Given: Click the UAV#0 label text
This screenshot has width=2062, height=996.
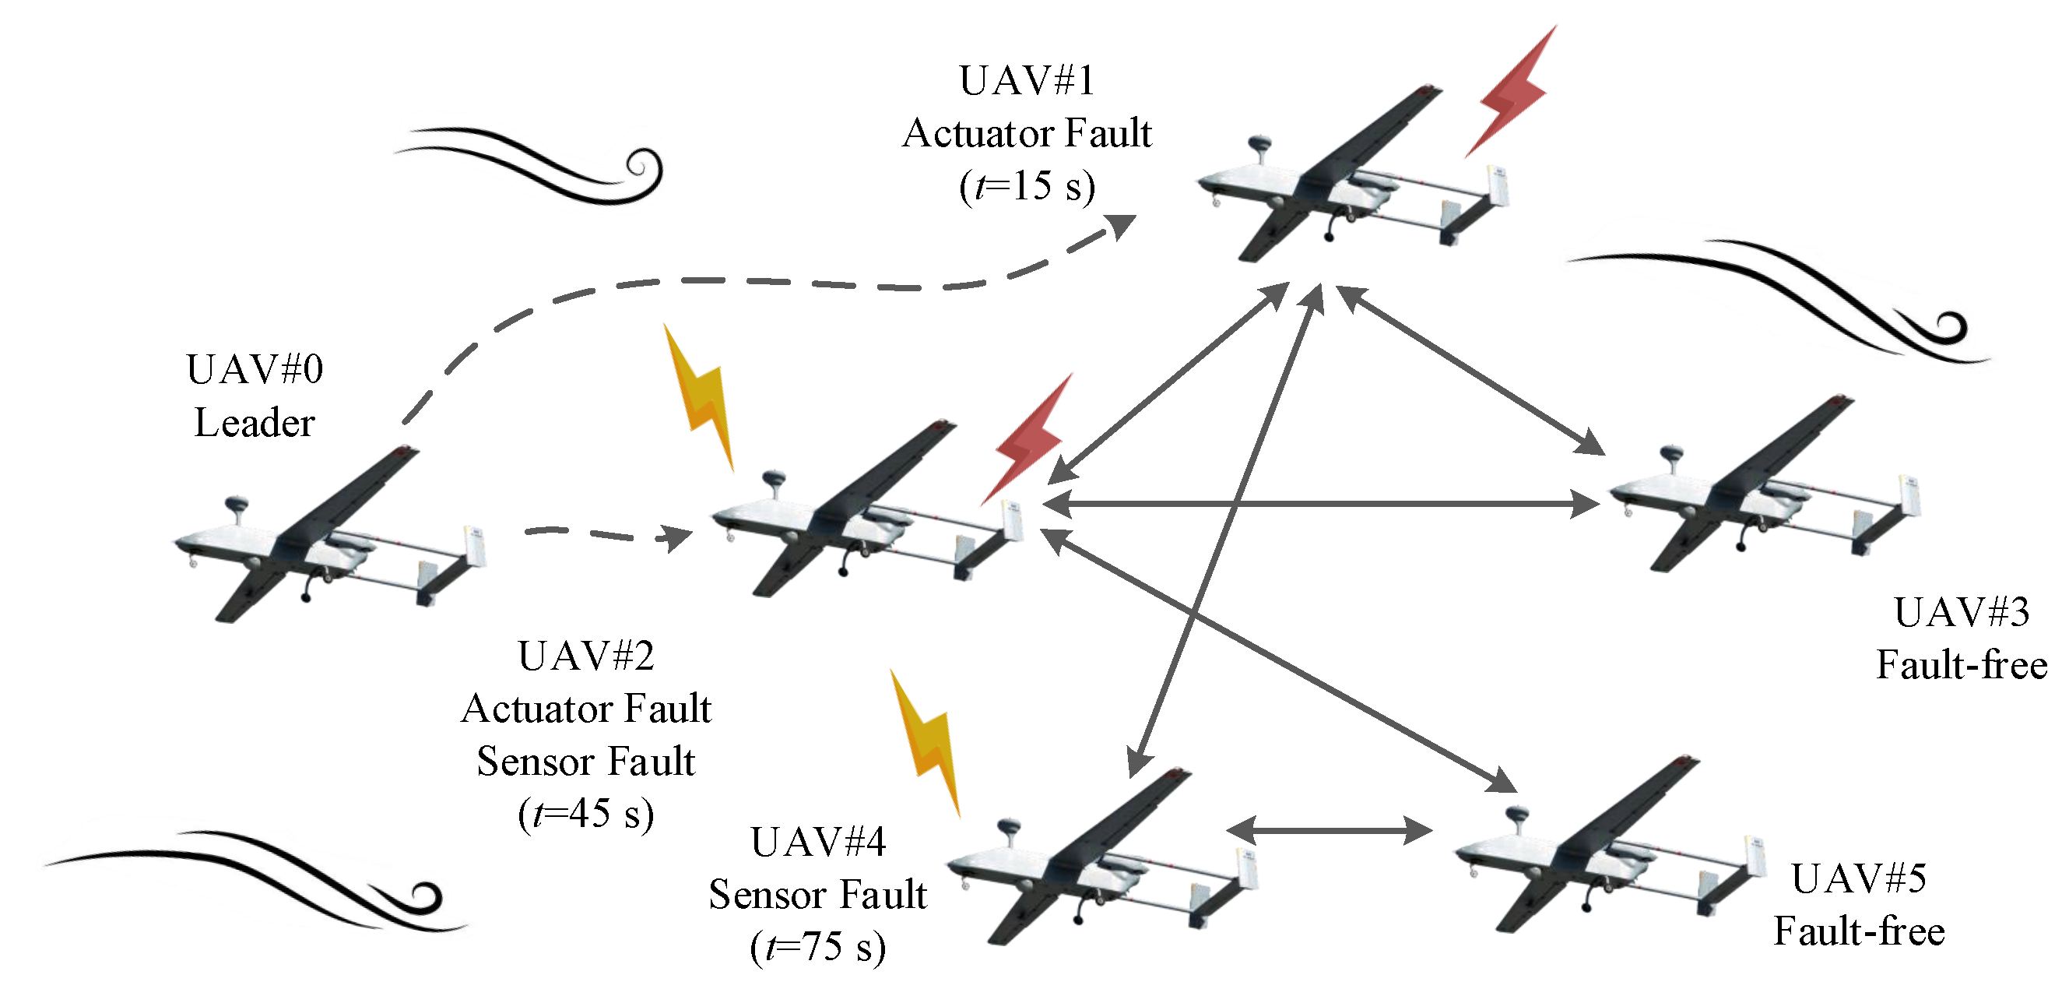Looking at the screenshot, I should pyautogui.click(x=255, y=370).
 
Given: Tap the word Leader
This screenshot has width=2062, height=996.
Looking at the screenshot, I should pyautogui.click(x=255, y=423).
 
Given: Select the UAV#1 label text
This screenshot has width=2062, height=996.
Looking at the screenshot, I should pyautogui.click(x=1027, y=81).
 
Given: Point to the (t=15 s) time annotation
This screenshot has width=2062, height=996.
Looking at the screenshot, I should pyautogui.click(x=1027, y=187).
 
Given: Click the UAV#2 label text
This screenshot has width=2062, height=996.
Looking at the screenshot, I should pyautogui.click(x=586, y=656).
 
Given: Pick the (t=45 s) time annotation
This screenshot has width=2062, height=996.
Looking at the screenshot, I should pyautogui.click(x=586, y=815).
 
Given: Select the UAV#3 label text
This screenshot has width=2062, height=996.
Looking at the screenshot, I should pyautogui.click(x=1961, y=614).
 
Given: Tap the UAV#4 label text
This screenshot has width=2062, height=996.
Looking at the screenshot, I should pyautogui.click(x=818, y=843).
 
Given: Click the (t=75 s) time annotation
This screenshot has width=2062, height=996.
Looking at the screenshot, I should pyautogui.click(x=818, y=947).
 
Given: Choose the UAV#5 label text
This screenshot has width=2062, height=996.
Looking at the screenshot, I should pyautogui.click(x=1859, y=879).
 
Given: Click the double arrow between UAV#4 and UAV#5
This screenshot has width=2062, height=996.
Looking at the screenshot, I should pyautogui.click(x=1329, y=830).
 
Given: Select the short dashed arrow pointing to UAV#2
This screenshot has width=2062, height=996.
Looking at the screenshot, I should pyautogui.click(x=609, y=535).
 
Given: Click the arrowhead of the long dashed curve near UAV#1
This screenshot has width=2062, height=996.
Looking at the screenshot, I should pyautogui.click(x=1121, y=226).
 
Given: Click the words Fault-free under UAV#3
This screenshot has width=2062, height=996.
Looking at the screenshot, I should pyautogui.click(x=1961, y=665).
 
